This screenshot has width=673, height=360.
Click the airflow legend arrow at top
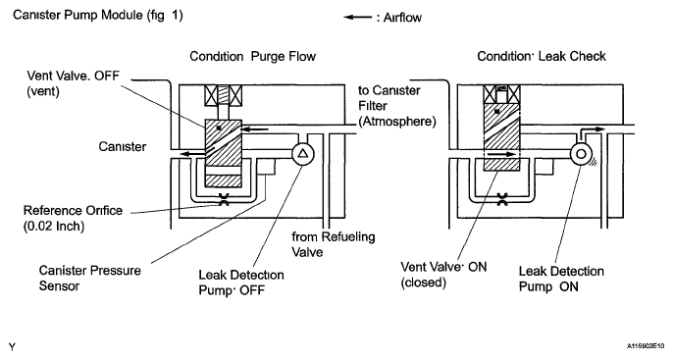[x=357, y=18]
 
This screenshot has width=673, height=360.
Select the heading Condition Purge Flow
[x=253, y=56]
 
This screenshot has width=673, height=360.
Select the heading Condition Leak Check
[x=542, y=56]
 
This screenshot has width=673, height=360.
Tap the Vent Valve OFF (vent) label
[x=73, y=83]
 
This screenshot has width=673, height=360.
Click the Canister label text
[x=123, y=147]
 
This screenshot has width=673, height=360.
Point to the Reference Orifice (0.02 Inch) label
[x=73, y=218]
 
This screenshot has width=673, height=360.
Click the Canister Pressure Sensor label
[x=89, y=278]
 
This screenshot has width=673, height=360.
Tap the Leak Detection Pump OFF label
[x=241, y=283]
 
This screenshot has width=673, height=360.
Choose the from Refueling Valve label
[x=334, y=244]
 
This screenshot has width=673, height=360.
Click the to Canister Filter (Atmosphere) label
[x=397, y=106]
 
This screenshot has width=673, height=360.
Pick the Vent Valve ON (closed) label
[x=443, y=275]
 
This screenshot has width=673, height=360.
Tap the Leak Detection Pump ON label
[x=561, y=279]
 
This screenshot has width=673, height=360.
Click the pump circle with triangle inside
[x=303, y=154]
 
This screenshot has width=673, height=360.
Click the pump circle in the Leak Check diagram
[x=581, y=154]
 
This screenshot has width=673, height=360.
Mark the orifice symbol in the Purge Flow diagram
[x=224, y=199]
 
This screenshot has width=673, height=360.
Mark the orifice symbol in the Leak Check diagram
[x=501, y=199]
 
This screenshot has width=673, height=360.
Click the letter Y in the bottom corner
[x=12, y=347]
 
